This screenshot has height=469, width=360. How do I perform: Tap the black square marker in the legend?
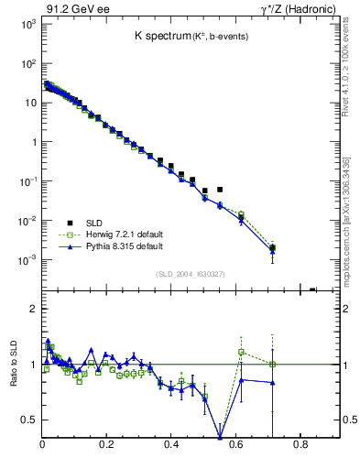tap(70, 222)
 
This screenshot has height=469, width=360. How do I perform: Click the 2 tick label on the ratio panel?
tap(32, 310)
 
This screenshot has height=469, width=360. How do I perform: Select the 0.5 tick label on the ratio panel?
tap(28, 420)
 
